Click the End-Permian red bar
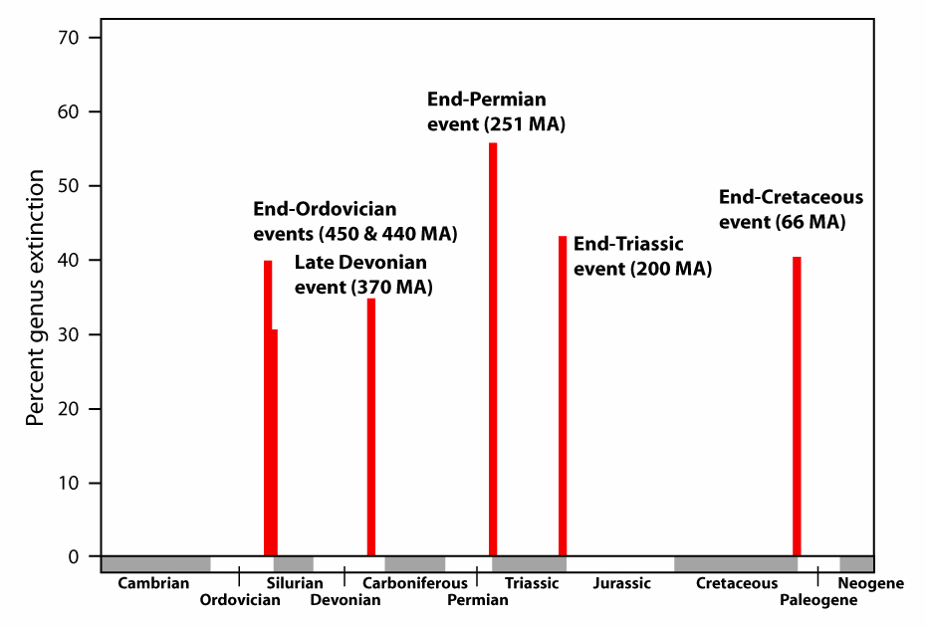point(493,349)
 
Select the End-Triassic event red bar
point(563,395)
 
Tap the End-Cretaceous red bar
point(797,406)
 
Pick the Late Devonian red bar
point(370,427)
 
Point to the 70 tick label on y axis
point(69,38)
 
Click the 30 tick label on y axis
point(69,334)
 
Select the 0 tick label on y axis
point(74,556)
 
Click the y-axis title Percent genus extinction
point(36,298)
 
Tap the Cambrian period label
point(153,583)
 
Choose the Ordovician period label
point(240,600)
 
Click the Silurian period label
point(295,583)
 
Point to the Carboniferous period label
point(414,583)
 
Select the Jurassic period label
point(622,583)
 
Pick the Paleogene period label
point(818,600)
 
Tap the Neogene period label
point(871,583)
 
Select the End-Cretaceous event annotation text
point(791,209)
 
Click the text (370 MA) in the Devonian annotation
point(392,288)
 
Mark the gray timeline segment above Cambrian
point(156,564)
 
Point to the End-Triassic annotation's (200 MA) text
point(671,270)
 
